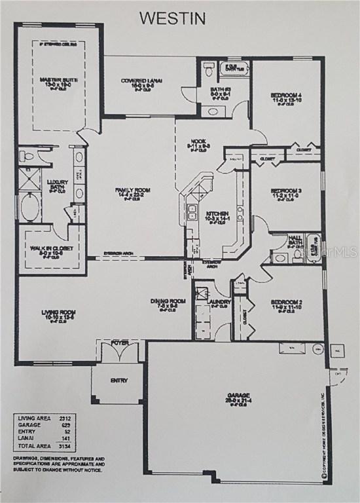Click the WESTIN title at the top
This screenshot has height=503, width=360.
pos(172,17)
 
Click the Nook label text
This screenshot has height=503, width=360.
pos(198,140)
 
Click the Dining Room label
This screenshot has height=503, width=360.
pos(168,301)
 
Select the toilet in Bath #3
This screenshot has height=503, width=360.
pos(207,68)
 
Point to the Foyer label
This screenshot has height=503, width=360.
pos(119,342)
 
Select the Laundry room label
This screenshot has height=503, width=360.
pos(220,302)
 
